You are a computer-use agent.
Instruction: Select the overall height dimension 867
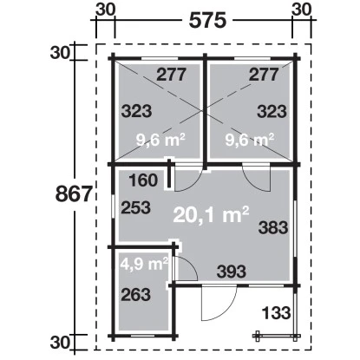click(x=75, y=194)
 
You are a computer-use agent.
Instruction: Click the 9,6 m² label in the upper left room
click(x=162, y=138)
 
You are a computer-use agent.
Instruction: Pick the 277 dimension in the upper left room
click(x=173, y=75)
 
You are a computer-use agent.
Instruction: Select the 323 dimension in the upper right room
click(x=272, y=110)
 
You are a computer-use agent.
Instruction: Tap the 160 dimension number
click(x=143, y=181)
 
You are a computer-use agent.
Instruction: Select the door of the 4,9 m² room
click(x=186, y=267)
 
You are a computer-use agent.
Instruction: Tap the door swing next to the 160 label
click(x=185, y=179)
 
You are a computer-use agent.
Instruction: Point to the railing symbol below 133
click(x=273, y=335)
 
